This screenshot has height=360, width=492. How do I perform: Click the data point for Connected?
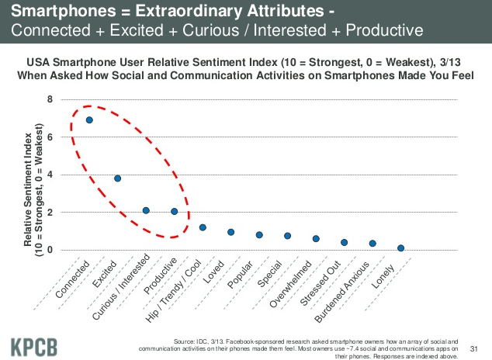(89, 120)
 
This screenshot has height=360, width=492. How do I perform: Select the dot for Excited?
(117, 178)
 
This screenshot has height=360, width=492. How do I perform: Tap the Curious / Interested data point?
(146, 210)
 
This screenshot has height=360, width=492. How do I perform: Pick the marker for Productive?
(174, 211)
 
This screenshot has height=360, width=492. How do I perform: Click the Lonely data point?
(400, 248)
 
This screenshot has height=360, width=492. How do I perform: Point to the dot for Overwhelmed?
(316, 239)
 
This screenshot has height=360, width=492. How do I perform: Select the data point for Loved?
(230, 232)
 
